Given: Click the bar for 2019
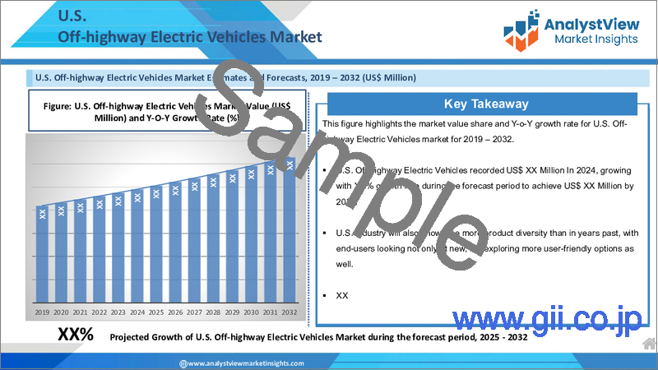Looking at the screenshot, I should pyautogui.click(x=42, y=255).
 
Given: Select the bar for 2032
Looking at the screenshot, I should pyautogui.click(x=289, y=230).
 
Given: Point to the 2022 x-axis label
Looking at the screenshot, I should pyautogui.click(x=99, y=312).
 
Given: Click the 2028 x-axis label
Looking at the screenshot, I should pyautogui.click(x=213, y=312).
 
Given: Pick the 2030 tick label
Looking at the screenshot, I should pyautogui.click(x=251, y=312).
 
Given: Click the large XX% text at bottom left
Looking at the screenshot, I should pyautogui.click(x=76, y=335).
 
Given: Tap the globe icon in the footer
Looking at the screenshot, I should pyautogui.click(x=183, y=363).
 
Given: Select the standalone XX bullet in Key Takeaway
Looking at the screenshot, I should pyautogui.click(x=342, y=294).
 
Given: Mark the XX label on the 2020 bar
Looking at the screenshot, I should pyautogui.click(x=61, y=210).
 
